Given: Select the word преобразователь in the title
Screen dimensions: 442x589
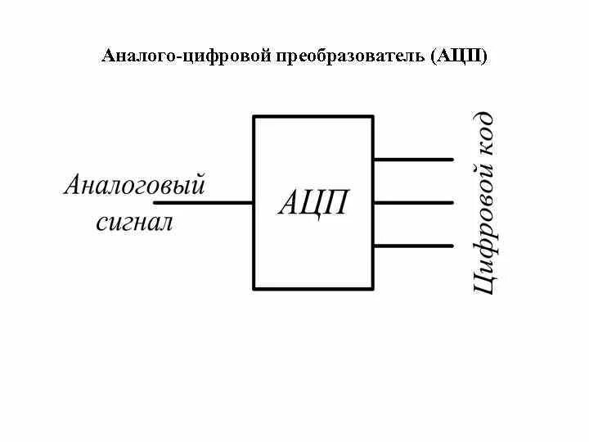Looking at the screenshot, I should (x=354, y=56).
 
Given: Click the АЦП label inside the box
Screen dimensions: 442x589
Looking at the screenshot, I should (x=313, y=202).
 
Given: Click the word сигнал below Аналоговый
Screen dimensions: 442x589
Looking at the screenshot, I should (x=135, y=221).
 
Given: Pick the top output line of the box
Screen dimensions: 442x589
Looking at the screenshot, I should (x=413, y=159).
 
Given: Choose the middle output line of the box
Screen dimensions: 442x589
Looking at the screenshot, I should (x=413, y=202).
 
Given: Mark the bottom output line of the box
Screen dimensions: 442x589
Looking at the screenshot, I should (x=413, y=246).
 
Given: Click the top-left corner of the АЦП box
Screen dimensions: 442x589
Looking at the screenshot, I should (x=254, y=116).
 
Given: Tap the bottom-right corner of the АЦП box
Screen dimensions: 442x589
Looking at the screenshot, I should (x=373, y=288).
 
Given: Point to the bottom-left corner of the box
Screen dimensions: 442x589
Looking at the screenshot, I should (x=254, y=288).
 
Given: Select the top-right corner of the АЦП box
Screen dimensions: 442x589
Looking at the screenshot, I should (x=373, y=116).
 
